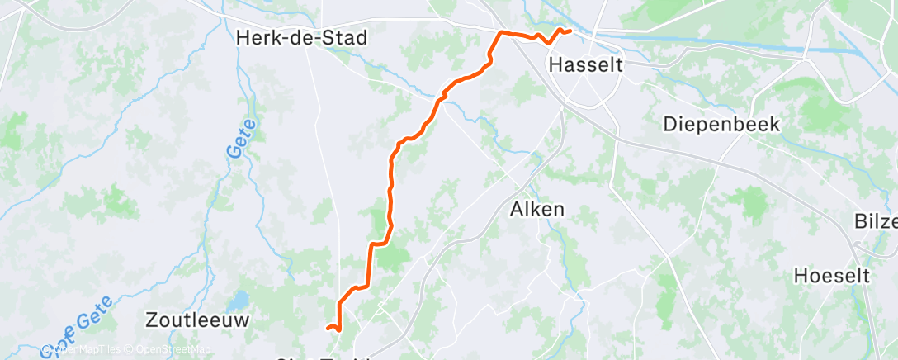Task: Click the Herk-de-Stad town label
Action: click(300, 38)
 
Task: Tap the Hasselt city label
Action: click(585, 64)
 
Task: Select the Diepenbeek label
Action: click(722, 125)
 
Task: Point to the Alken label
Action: click(536, 210)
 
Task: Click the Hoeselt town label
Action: click(832, 276)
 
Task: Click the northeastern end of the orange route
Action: click(570, 31)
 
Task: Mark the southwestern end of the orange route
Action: click(328, 329)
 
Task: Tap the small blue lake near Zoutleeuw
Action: click(241, 301)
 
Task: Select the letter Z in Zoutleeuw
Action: click(151, 319)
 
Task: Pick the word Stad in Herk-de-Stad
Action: click(345, 38)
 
